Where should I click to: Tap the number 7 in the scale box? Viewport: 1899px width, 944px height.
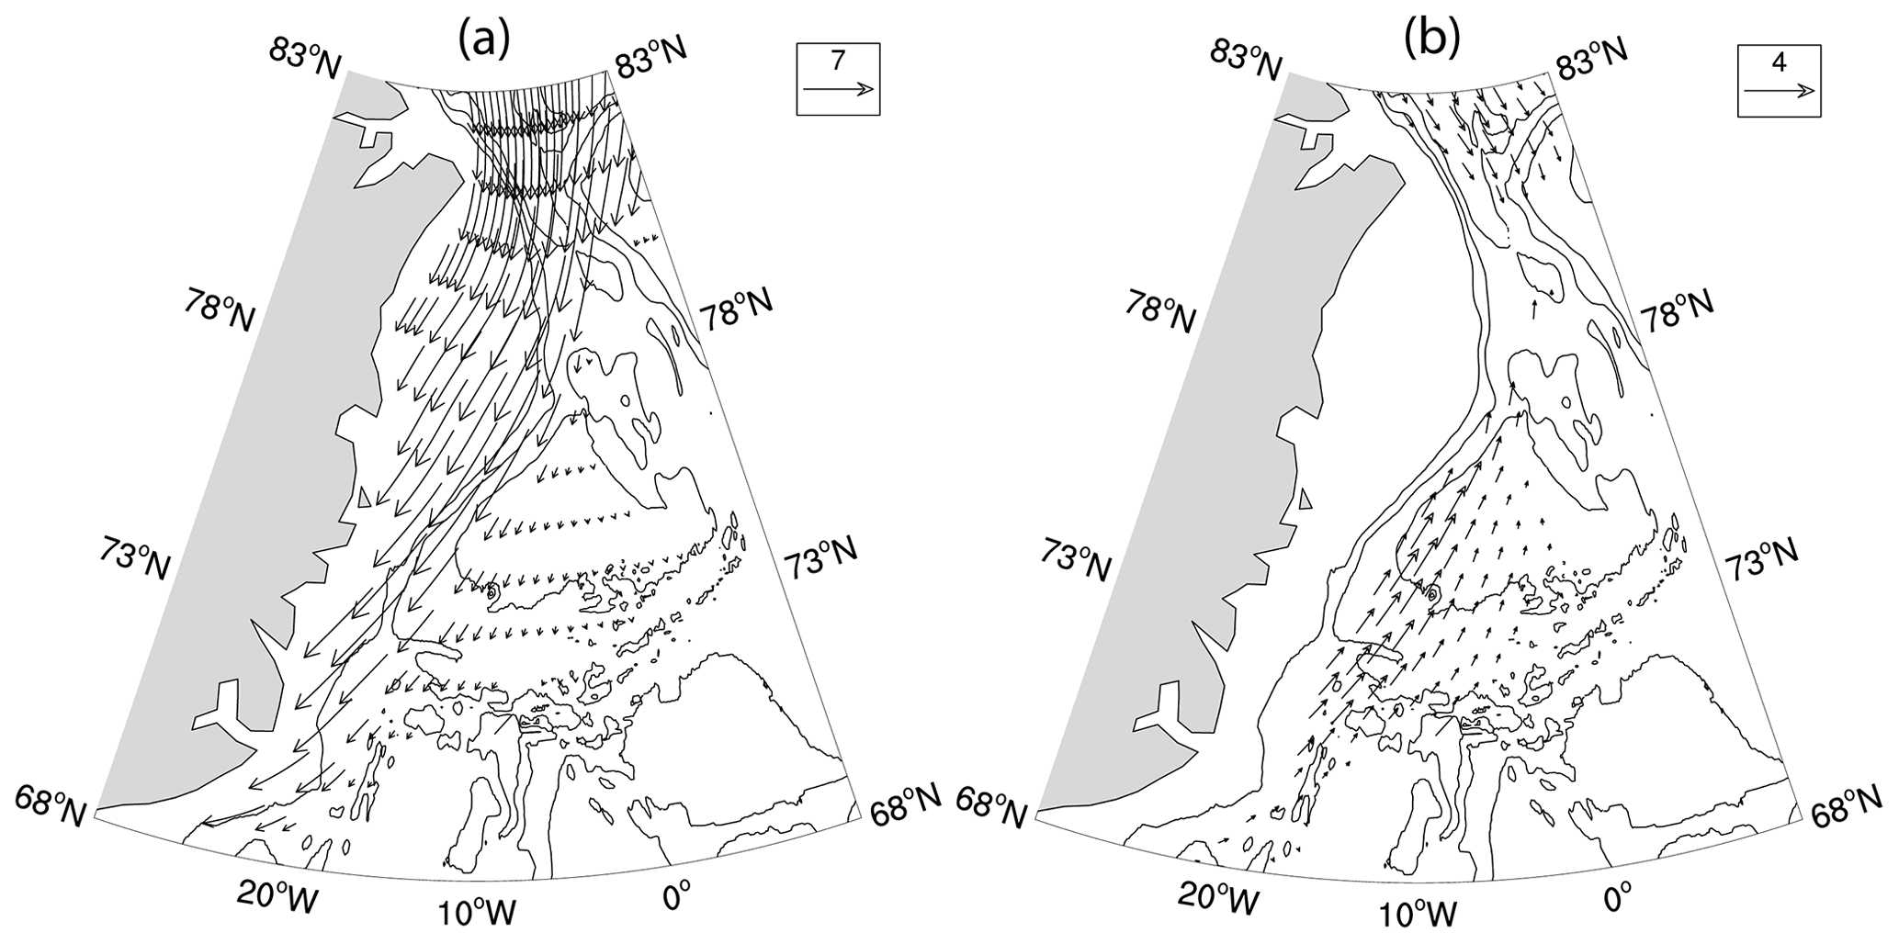coord(837,62)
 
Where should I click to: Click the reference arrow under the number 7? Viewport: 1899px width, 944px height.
coord(837,89)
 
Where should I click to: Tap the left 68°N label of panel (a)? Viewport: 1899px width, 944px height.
coord(51,806)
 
